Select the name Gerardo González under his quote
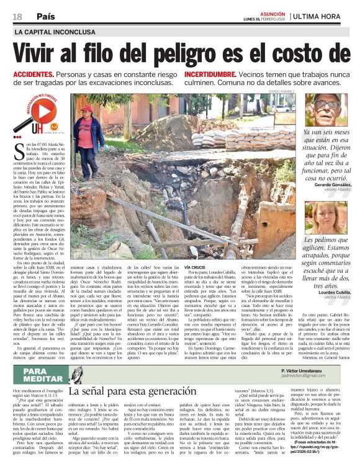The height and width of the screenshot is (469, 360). tap(325, 185)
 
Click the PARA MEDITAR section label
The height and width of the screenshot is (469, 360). tap(43, 374)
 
